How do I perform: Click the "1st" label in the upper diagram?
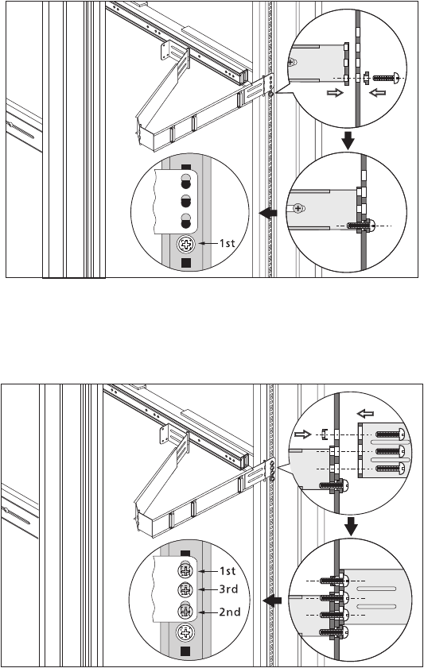pos(227,243)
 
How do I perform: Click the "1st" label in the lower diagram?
pos(227,571)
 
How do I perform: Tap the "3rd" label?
pos(228,589)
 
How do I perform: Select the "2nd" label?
pos(229,612)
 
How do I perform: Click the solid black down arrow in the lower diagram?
pos(351,527)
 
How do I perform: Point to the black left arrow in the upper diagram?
pos(268,213)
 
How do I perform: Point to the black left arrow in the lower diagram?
pos(272,600)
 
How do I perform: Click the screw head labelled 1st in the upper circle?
pos(185,245)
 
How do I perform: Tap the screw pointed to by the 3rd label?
pos(185,590)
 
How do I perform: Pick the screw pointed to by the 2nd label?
pos(185,612)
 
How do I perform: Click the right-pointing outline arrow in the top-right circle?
pos(335,92)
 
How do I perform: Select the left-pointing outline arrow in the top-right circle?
pos(378,92)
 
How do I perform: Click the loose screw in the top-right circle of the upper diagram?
pos(387,78)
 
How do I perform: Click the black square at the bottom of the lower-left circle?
pos(185,651)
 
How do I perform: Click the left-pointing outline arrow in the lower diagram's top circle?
pos(365,413)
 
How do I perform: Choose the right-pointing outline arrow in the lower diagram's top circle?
pos(303,434)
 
